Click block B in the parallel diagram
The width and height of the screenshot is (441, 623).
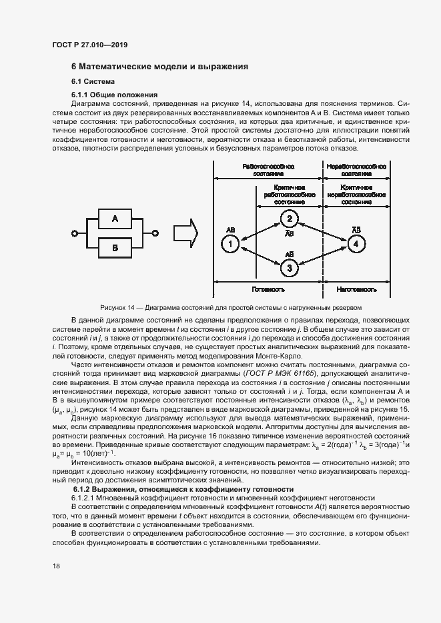pos(115,248)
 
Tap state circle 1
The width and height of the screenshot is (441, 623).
pos(229,245)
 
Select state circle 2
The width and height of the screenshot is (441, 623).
pos(289,219)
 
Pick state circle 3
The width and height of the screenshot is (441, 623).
pos(289,269)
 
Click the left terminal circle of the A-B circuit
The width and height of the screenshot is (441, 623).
pos(75,233)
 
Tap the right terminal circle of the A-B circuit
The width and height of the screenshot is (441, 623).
pos(155,233)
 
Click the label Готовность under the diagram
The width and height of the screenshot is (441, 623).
pos(268,291)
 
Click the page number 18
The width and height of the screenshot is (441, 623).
pos(55,566)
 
